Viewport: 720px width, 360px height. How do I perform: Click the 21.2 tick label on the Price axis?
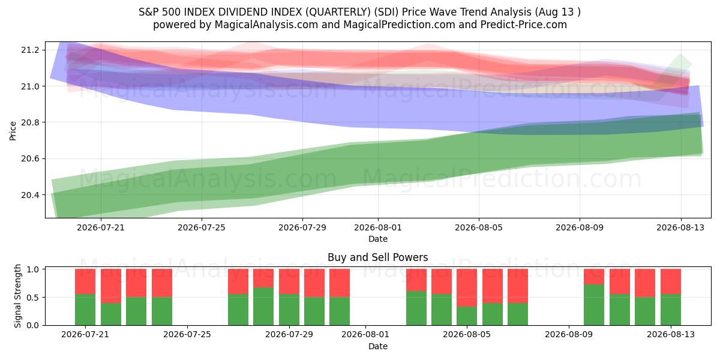[30, 50]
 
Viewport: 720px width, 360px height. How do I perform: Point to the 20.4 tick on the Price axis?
[30, 195]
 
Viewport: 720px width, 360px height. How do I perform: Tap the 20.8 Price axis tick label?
[30, 122]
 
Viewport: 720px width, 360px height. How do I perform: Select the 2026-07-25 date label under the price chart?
[202, 227]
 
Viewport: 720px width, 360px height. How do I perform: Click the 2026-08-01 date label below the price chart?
[378, 227]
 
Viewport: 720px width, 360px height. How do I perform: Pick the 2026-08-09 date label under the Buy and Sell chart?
[569, 335]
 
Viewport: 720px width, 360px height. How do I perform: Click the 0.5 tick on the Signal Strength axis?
[32, 298]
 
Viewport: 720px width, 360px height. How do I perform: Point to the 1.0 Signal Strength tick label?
[32, 269]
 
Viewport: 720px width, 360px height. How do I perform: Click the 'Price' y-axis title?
[13, 131]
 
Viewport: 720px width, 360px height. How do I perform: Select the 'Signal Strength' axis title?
[17, 296]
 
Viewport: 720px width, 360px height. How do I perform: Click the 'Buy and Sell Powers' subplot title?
[377, 257]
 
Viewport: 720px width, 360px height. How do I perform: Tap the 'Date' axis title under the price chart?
[378, 239]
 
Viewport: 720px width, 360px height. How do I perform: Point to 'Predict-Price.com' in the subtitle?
[524, 25]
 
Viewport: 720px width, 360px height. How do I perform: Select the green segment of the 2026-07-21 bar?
[85, 310]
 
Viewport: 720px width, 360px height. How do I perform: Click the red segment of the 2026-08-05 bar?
[467, 287]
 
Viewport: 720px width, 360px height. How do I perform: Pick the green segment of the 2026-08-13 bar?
[671, 310]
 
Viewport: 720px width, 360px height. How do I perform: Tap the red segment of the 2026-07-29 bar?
[289, 281]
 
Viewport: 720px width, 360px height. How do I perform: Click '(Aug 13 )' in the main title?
[557, 12]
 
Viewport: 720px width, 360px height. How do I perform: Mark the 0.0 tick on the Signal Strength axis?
[32, 325]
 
